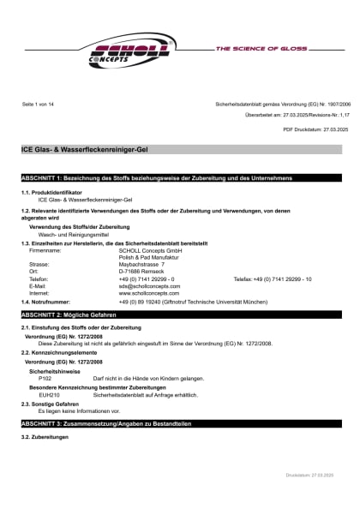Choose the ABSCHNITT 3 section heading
click(105, 423)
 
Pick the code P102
click(45, 378)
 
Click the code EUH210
click(49, 394)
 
